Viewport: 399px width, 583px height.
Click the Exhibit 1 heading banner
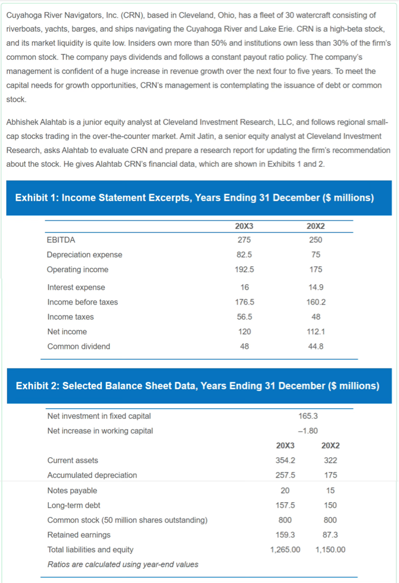click(199, 198)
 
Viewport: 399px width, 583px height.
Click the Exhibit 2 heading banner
click(199, 386)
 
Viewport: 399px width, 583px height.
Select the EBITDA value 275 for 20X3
click(244, 240)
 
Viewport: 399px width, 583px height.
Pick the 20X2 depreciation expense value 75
click(316, 254)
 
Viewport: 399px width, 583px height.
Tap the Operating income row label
click(77, 269)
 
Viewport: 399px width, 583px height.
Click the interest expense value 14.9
click(316, 287)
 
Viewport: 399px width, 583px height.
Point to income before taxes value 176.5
click(244, 302)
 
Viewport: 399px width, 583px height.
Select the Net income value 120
click(244, 331)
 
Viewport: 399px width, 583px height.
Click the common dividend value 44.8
click(316, 346)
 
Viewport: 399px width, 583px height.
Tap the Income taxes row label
click(70, 317)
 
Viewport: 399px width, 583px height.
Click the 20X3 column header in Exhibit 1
click(244, 226)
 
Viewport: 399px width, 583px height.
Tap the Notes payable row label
click(72, 490)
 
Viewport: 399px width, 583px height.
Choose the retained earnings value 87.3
click(330, 535)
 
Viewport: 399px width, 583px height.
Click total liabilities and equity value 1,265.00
click(285, 549)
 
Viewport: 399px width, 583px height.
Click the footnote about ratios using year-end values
click(123, 564)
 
